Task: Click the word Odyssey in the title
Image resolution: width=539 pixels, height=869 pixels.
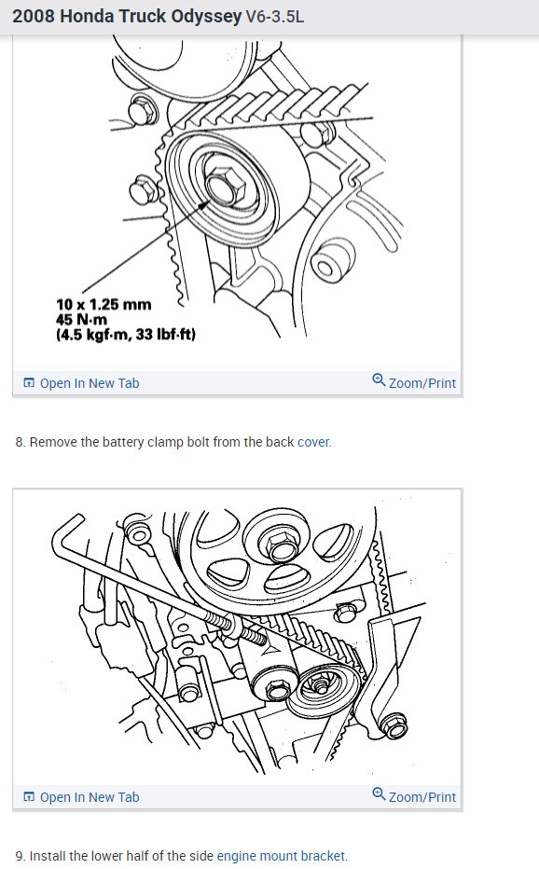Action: (x=200, y=18)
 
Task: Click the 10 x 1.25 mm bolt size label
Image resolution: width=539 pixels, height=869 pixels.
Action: (x=103, y=304)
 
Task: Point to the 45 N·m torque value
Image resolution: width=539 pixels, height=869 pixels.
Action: (x=82, y=319)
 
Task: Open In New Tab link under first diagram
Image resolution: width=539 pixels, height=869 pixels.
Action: (x=89, y=383)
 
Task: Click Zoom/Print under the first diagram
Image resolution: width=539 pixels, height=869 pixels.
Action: (x=422, y=383)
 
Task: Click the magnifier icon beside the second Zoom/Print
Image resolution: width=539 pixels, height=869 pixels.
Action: (x=379, y=794)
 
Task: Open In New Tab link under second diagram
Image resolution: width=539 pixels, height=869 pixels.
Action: (x=89, y=797)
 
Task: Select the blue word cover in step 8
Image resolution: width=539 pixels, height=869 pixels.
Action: (x=314, y=442)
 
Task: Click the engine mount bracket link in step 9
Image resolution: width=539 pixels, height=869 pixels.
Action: (x=282, y=856)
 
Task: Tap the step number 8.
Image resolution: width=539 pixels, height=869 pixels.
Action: (x=20, y=442)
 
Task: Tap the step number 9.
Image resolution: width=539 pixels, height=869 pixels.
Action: (x=20, y=856)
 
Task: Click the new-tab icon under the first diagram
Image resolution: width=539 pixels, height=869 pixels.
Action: (x=29, y=383)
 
